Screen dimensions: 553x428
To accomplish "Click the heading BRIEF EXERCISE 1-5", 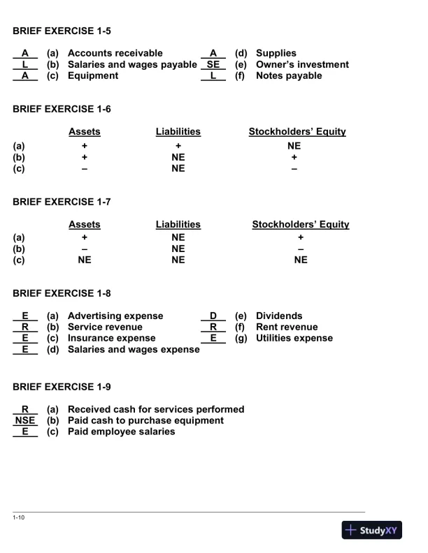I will click(62, 31).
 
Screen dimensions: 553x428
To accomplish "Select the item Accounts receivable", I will click(115, 53).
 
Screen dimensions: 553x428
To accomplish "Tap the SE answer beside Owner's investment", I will click(213, 64).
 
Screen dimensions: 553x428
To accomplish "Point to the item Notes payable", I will click(289, 75).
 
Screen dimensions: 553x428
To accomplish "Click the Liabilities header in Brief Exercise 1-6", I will click(178, 131).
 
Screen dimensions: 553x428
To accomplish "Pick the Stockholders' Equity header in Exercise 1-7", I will click(300, 224).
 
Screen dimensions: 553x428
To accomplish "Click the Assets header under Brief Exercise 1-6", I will click(84, 131).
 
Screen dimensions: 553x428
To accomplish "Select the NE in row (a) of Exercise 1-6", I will click(294, 146).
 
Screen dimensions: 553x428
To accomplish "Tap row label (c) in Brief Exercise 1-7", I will click(19, 261).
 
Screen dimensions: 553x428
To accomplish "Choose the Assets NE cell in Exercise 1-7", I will click(84, 261).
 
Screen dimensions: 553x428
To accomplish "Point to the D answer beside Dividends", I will click(213, 316).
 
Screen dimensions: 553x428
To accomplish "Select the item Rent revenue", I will click(286, 327).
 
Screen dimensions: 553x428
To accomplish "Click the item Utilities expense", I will click(294, 338).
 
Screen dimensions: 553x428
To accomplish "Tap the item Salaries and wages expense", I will click(134, 349).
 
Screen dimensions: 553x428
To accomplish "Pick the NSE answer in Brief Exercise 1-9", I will click(24, 420).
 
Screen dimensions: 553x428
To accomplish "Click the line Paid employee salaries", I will click(121, 432).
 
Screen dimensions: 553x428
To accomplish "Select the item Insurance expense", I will click(111, 338).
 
